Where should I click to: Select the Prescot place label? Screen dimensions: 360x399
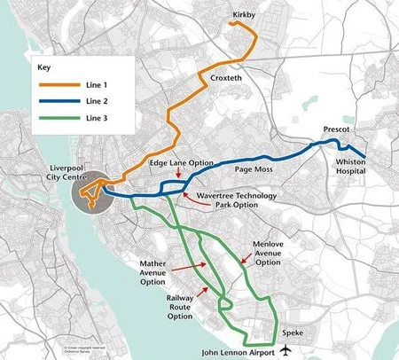[x=339, y=129]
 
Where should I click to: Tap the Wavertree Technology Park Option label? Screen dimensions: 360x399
[x=238, y=200]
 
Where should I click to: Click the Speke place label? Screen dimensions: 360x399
[x=293, y=333]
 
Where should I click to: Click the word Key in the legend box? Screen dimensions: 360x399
[x=45, y=67]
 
